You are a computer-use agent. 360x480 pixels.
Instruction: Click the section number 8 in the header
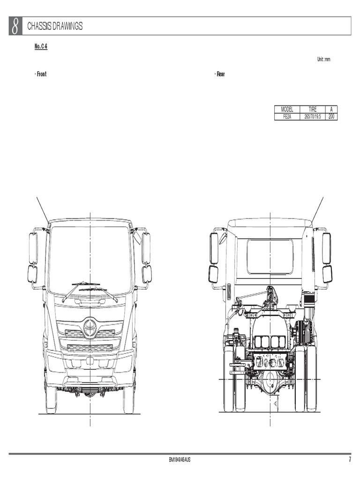15,26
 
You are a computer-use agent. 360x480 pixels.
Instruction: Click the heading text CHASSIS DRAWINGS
55,27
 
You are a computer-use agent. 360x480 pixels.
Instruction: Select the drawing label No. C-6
41,47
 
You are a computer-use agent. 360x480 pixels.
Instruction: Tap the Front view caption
41,75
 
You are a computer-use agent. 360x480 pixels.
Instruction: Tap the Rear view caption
220,75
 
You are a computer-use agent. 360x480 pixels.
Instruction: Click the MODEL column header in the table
286,109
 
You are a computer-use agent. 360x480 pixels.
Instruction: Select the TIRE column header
312,109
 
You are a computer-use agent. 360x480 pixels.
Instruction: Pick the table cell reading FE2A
286,116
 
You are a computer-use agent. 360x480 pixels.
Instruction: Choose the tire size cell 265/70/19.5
312,116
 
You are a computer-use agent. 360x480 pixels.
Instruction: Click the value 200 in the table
331,116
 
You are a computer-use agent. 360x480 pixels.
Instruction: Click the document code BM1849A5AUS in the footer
180,460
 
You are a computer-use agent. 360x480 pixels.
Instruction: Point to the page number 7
349,460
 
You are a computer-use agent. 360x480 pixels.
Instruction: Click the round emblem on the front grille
90,328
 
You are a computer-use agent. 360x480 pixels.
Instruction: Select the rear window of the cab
270,256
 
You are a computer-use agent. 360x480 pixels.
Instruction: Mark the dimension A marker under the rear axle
276,403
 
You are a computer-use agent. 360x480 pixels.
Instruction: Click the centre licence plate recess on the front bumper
90,362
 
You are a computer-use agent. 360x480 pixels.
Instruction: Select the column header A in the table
331,109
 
